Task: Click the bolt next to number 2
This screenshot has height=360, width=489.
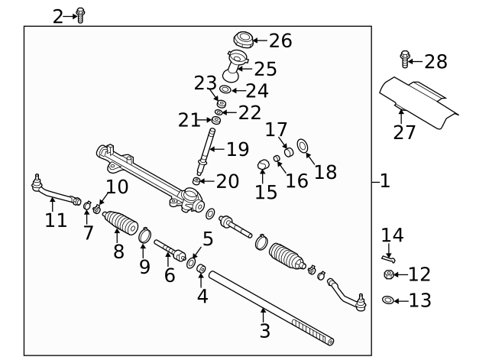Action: click(x=81, y=15)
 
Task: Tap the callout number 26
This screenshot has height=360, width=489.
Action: click(x=280, y=41)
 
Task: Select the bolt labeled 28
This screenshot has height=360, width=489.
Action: click(x=405, y=58)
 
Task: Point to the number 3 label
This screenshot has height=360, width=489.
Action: click(x=264, y=331)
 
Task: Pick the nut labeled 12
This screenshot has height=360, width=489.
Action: click(x=389, y=274)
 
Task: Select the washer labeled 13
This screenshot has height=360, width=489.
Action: click(x=388, y=300)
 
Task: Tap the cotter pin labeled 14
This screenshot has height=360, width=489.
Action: click(x=387, y=258)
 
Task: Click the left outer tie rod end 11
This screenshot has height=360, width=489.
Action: click(x=53, y=192)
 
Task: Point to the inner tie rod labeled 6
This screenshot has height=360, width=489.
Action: click(x=169, y=250)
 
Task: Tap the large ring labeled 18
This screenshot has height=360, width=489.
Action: click(x=303, y=144)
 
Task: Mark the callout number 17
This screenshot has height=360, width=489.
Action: click(x=275, y=129)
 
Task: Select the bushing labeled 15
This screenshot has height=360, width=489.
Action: click(x=264, y=163)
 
